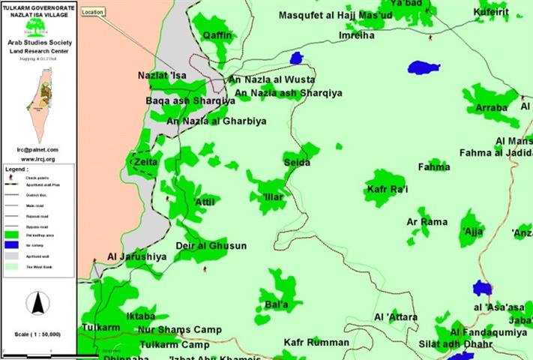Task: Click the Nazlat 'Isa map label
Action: pos(161,76)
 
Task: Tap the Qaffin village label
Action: pos(217,34)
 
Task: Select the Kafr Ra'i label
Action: pos(387,190)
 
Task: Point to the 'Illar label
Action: pos(274,196)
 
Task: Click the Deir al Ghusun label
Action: pos(211,246)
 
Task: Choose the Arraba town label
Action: pos(491,108)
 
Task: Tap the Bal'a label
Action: pos(277,305)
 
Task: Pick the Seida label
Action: pos(297,163)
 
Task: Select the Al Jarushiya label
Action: pos(136,256)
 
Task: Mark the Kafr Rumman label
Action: pos(316,343)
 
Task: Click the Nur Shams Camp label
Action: pos(180,329)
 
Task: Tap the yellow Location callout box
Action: pos(93,12)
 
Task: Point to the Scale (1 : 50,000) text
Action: pos(38,334)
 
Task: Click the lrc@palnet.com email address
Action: pos(38,149)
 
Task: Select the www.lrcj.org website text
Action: pos(38,159)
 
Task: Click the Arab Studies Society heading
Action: pos(38,43)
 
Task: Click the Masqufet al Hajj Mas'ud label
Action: pos(335,15)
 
